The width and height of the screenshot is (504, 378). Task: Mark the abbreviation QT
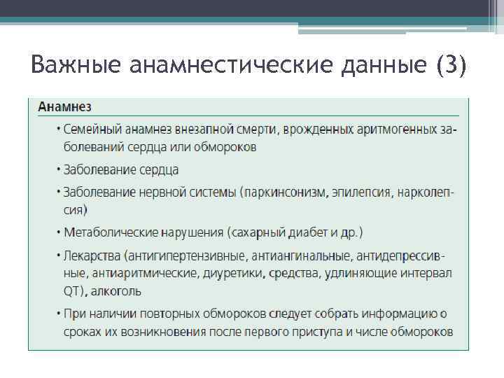71,290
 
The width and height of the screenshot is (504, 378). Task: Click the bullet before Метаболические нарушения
58,232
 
